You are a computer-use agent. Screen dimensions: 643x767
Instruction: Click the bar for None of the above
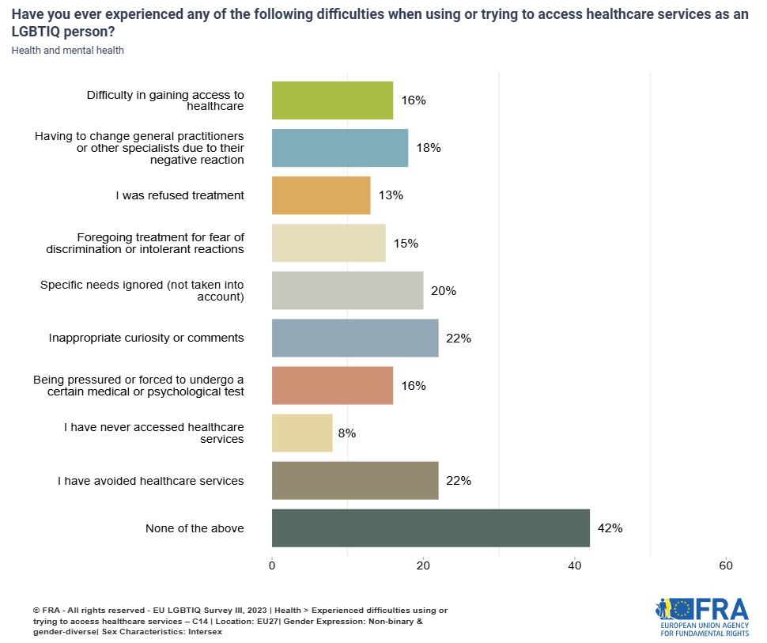pyautogui.click(x=430, y=528)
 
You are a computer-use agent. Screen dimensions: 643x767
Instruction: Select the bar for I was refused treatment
pyautogui.click(x=321, y=195)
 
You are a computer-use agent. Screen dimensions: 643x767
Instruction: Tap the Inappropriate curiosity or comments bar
pyautogui.click(x=355, y=338)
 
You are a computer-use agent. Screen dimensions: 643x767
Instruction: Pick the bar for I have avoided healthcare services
pyautogui.click(x=355, y=481)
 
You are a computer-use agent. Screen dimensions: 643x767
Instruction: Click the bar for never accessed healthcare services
pyautogui.click(x=302, y=433)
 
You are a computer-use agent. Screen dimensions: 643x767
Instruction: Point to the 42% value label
pyautogui.click(x=610, y=528)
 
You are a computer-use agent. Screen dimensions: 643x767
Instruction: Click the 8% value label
pyautogui.click(x=346, y=433)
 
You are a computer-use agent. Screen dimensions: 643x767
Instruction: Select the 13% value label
pyautogui.click(x=391, y=195)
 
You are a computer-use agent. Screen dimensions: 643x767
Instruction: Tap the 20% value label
pyautogui.click(x=444, y=290)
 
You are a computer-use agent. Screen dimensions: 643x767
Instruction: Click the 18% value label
pyautogui.click(x=428, y=148)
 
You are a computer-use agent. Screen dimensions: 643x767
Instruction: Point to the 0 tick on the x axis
pyautogui.click(x=272, y=565)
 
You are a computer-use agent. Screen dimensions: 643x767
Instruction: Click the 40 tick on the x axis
pyautogui.click(x=575, y=565)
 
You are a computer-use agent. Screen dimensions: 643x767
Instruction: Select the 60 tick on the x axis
pyautogui.click(x=726, y=565)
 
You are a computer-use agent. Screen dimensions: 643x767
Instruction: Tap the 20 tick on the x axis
pyautogui.click(x=423, y=565)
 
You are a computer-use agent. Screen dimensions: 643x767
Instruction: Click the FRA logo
pyautogui.click(x=702, y=617)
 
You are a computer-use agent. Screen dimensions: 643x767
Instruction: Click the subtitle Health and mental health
pyautogui.click(x=68, y=51)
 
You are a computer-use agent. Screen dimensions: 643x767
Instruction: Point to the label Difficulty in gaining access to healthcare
pyautogui.click(x=165, y=100)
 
